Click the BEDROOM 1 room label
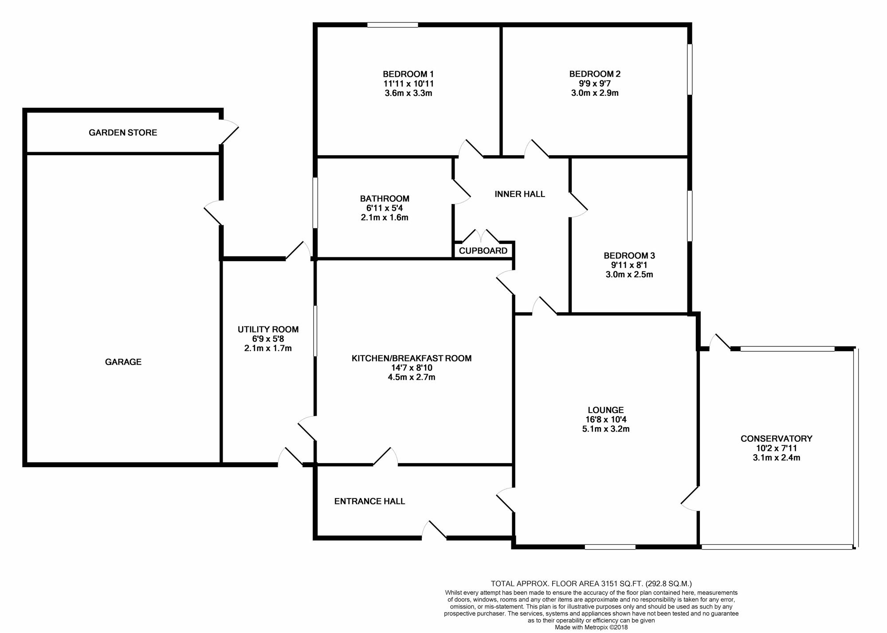(408, 74)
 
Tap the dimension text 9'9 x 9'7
(595, 83)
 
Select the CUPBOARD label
(483, 251)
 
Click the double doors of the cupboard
(481, 236)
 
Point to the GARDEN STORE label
(123, 133)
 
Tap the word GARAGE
(123, 362)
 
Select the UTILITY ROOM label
(268, 330)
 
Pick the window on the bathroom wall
(315, 203)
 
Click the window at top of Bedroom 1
(392, 25)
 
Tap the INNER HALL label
(519, 194)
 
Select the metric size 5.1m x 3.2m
(606, 429)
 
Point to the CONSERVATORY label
(776, 439)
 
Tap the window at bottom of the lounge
(610, 547)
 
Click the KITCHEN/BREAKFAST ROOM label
(411, 358)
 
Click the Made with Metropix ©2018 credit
(591, 627)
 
